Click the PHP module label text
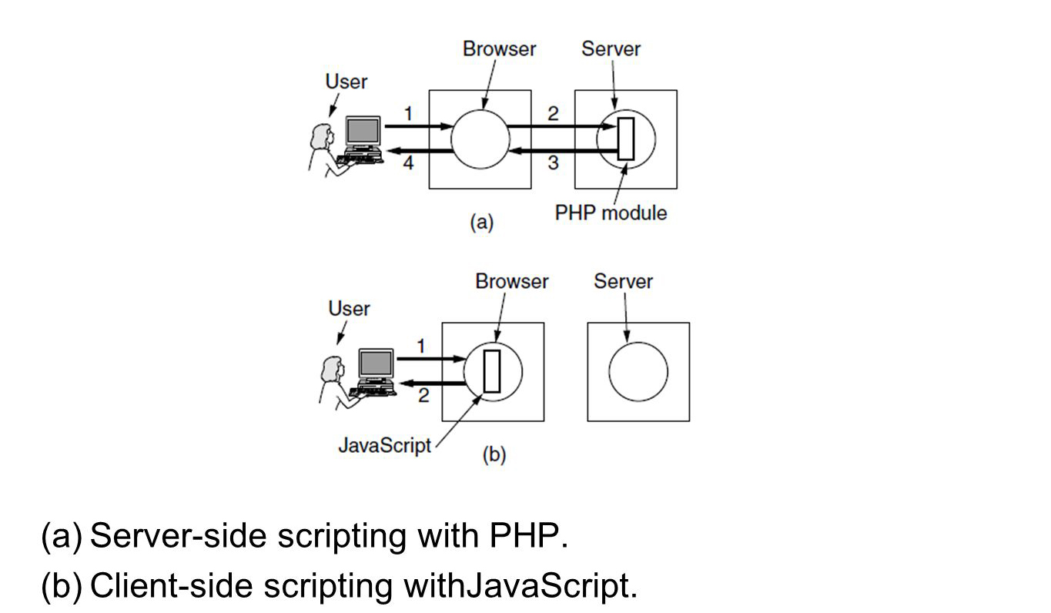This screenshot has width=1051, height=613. pyautogui.click(x=611, y=213)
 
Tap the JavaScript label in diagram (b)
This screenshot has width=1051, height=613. pyautogui.click(x=385, y=445)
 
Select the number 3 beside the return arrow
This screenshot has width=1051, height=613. pyautogui.click(x=553, y=162)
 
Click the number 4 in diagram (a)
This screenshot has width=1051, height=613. pyautogui.click(x=408, y=162)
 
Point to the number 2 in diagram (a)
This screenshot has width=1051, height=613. pyautogui.click(x=553, y=113)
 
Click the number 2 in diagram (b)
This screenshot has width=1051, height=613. pyautogui.click(x=423, y=395)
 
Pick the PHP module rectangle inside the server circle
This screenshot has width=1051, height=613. pyautogui.click(x=626, y=139)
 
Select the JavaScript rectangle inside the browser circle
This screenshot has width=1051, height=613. pyautogui.click(x=492, y=371)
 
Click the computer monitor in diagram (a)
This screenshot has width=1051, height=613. pyautogui.click(x=363, y=131)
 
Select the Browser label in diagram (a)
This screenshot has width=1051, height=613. pyautogui.click(x=499, y=49)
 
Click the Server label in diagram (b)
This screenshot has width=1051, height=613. pyautogui.click(x=623, y=281)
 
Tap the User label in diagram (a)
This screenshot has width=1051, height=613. pyautogui.click(x=346, y=82)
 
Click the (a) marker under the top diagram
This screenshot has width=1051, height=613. pyautogui.click(x=482, y=222)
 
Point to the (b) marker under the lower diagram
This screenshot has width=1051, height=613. pyautogui.click(x=494, y=454)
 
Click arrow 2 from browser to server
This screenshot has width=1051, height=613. pyautogui.click(x=562, y=126)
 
